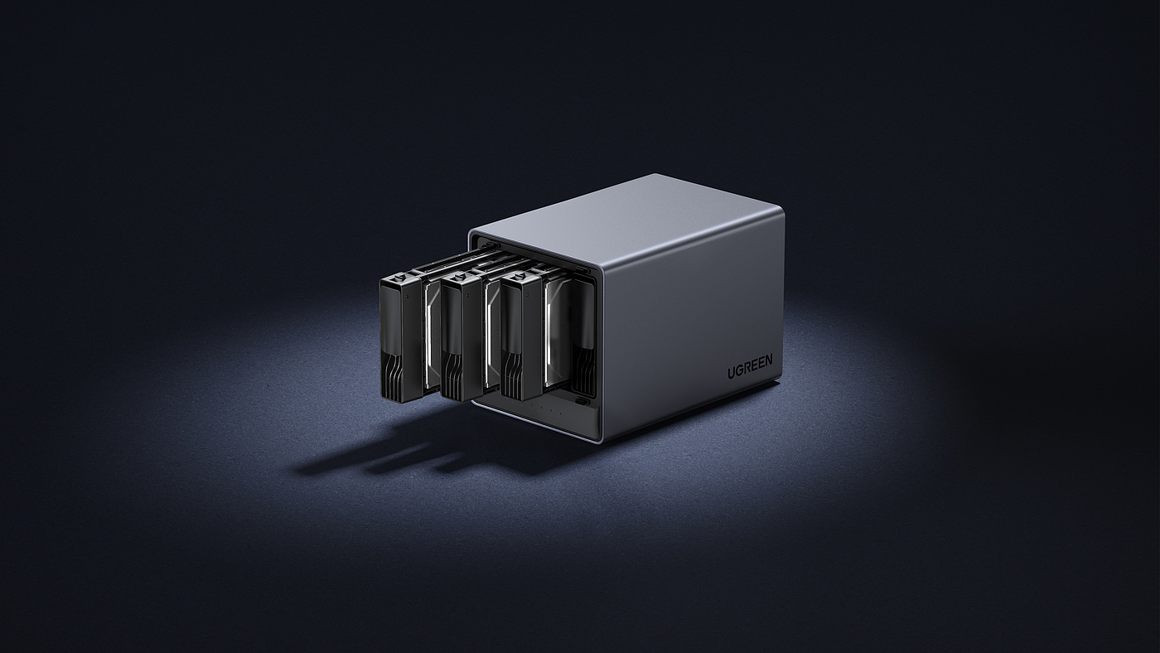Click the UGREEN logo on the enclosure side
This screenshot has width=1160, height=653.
750,366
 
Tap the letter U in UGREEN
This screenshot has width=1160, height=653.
731,373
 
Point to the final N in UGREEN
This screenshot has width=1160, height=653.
770,359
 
